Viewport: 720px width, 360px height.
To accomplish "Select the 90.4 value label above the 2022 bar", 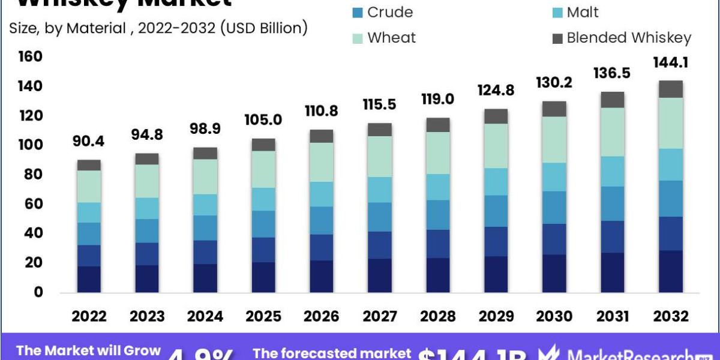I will (89, 142).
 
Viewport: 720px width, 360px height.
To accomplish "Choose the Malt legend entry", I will (574, 12).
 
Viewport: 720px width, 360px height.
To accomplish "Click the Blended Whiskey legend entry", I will (620, 38).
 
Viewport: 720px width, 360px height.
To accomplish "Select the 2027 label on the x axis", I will (379, 316).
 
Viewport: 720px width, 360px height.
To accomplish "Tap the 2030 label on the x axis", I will (554, 316).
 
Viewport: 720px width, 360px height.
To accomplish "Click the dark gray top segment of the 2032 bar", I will (670, 89).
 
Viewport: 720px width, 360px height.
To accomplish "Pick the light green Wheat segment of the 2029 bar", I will (496, 146).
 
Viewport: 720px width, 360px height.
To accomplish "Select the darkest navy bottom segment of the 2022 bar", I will (89, 279).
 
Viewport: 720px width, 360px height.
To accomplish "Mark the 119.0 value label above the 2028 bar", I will (437, 98).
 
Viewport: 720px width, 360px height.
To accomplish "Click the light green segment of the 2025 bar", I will (263, 169).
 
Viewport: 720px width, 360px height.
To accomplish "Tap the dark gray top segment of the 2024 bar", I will (205, 153).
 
